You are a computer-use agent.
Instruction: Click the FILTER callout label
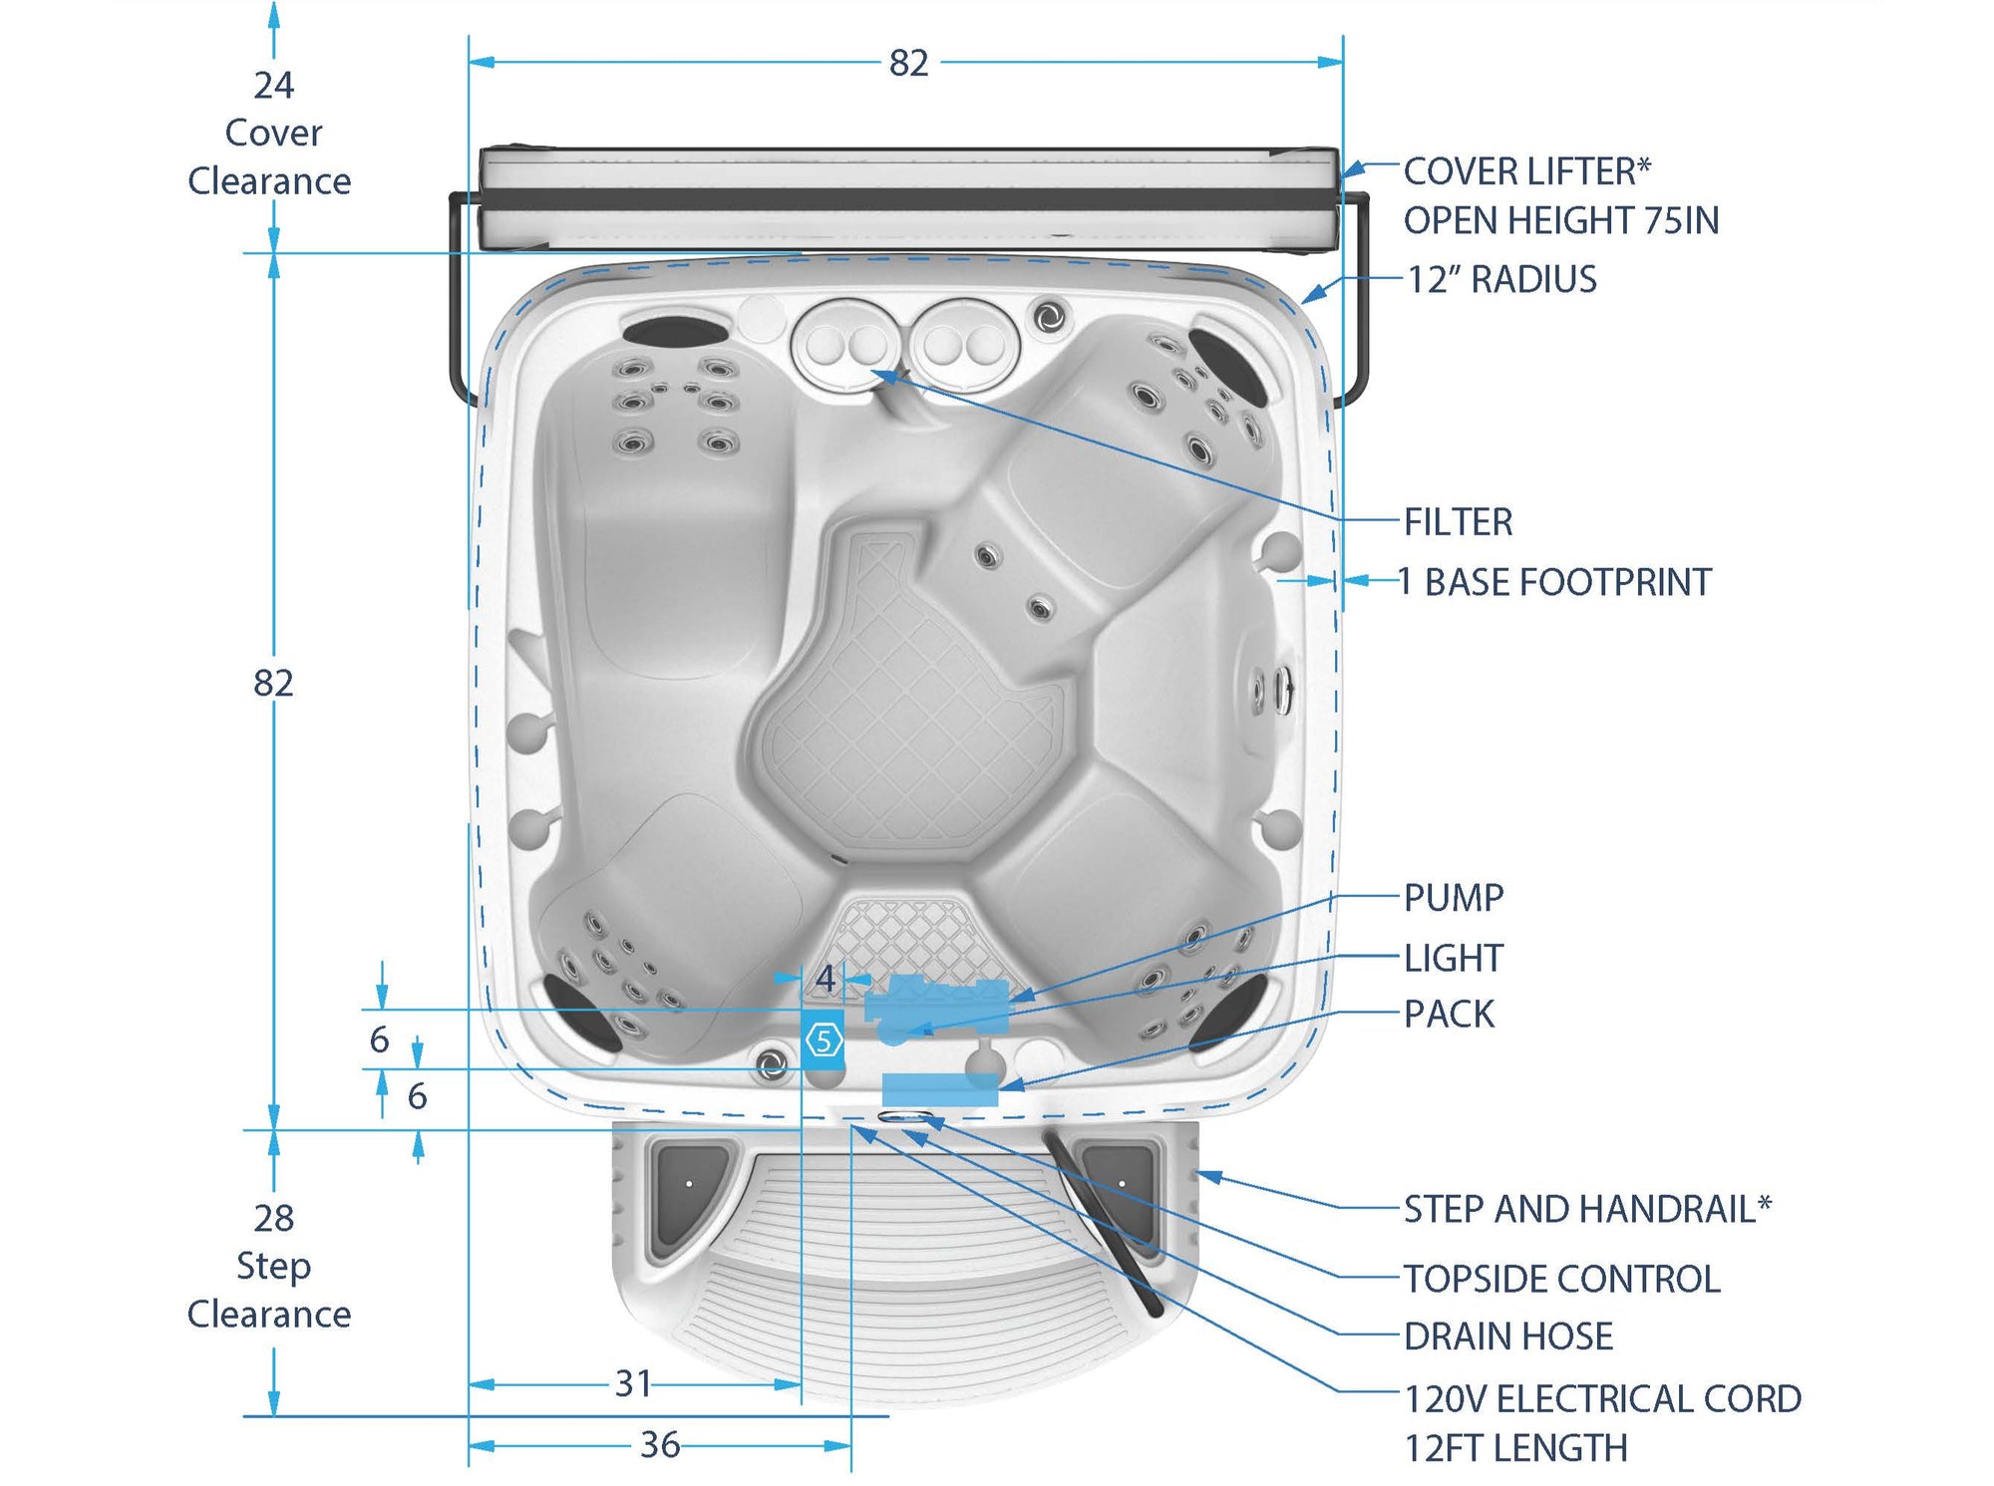pos(1458,521)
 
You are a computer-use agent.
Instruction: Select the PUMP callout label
pos(1453,897)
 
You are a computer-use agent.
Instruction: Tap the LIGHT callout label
pos(1453,958)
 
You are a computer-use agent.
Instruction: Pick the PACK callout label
pos(1449,1014)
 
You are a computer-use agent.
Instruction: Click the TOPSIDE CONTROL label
pos(1561,1279)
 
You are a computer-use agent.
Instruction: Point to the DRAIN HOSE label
pos(1507,1337)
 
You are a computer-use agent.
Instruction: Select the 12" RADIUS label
pos(1501,279)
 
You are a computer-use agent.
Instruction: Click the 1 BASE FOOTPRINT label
pos(1554,582)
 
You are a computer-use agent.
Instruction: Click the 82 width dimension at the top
pos(908,63)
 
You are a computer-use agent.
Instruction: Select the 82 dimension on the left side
pos(273,683)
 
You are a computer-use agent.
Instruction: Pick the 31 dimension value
pos(634,1383)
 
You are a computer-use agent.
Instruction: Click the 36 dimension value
pos(660,1445)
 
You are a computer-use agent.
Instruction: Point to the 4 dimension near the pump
pos(825,978)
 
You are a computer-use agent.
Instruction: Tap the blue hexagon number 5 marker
pos(824,1040)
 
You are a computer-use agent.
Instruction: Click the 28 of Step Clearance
pos(273,1218)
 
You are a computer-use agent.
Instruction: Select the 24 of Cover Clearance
pos(273,86)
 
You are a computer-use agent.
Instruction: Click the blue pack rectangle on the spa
pos(939,1089)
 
